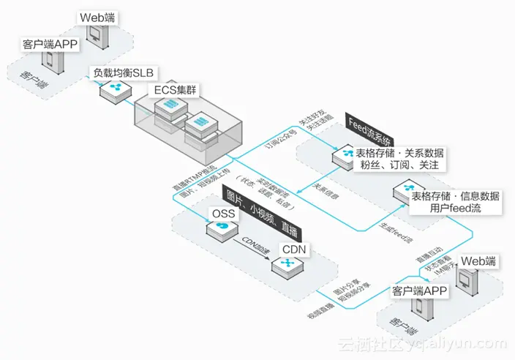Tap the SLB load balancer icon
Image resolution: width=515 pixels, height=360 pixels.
115,92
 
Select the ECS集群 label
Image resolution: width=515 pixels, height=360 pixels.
176,91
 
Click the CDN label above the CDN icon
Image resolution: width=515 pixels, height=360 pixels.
294,250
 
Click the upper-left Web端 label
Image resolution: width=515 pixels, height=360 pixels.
95,16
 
